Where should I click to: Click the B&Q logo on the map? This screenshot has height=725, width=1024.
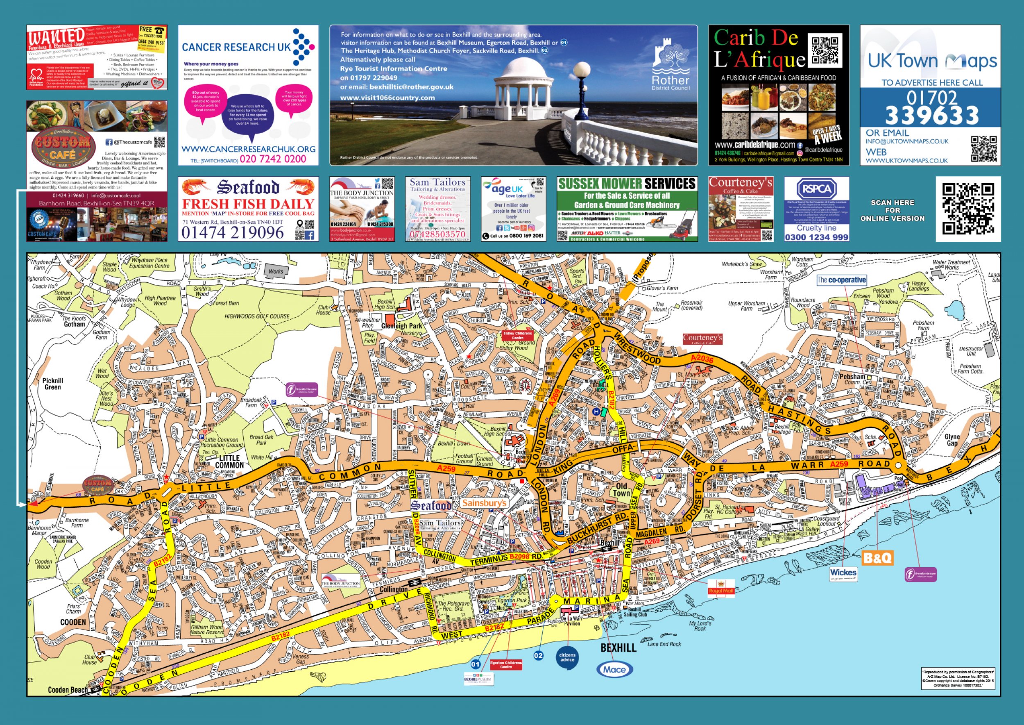[877, 558]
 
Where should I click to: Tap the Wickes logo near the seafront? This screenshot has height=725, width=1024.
[843, 574]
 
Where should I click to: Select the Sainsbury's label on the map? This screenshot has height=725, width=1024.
[484, 503]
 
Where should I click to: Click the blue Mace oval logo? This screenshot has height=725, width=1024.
[614, 669]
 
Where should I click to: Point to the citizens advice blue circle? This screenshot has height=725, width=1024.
[567, 657]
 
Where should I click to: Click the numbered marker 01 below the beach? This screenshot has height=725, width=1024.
[476, 664]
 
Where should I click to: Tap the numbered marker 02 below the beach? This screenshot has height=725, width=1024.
[539, 655]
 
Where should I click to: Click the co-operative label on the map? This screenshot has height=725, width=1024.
[841, 280]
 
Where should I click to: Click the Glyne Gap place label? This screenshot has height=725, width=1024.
[952, 440]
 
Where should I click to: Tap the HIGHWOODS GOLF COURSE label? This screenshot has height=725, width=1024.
[256, 316]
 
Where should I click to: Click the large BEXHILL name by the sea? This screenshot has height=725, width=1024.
[618, 648]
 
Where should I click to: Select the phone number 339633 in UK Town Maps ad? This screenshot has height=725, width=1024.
[932, 116]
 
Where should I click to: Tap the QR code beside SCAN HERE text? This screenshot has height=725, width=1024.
[968, 209]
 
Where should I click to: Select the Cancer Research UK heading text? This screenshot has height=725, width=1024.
[236, 47]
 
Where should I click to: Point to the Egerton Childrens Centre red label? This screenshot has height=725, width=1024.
[505, 665]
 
